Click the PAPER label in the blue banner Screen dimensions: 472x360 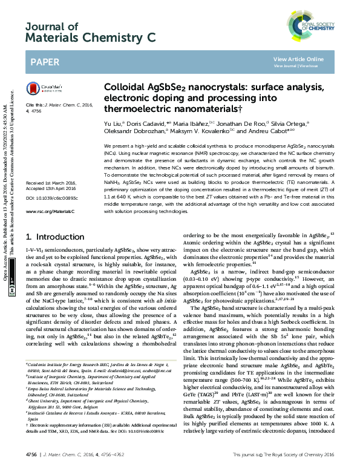point(45,62)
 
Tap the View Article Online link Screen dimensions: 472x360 point(298,59)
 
